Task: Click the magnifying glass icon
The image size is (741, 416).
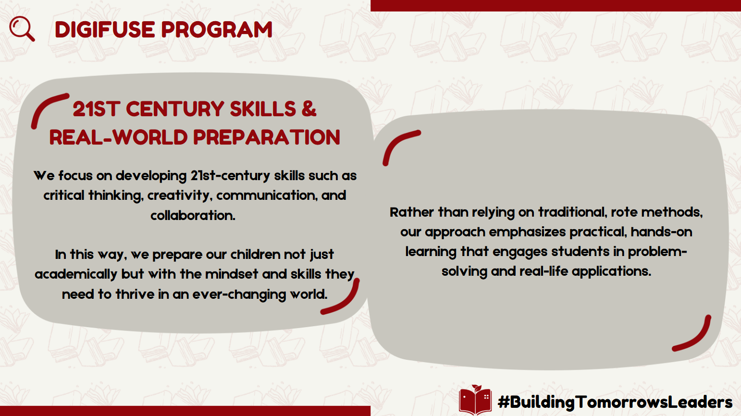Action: [x=21, y=28]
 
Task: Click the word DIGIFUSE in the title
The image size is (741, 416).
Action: [x=105, y=29]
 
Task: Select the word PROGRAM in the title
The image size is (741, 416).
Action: [x=217, y=29]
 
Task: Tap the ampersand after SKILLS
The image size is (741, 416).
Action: [x=309, y=109]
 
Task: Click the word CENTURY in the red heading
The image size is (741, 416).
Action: [x=175, y=109]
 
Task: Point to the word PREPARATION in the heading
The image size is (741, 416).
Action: [x=267, y=137]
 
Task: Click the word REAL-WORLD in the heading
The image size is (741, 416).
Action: [x=118, y=137]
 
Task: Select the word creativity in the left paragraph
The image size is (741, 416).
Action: [x=179, y=196]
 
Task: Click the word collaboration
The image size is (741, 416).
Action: [x=193, y=215]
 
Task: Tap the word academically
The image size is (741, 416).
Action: [x=76, y=274]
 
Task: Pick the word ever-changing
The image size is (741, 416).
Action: [x=239, y=294]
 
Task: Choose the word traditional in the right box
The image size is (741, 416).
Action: [x=573, y=212]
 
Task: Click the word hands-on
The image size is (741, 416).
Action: [x=661, y=232]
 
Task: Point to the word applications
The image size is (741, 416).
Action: [x=611, y=271]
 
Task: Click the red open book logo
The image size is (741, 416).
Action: [x=475, y=400]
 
